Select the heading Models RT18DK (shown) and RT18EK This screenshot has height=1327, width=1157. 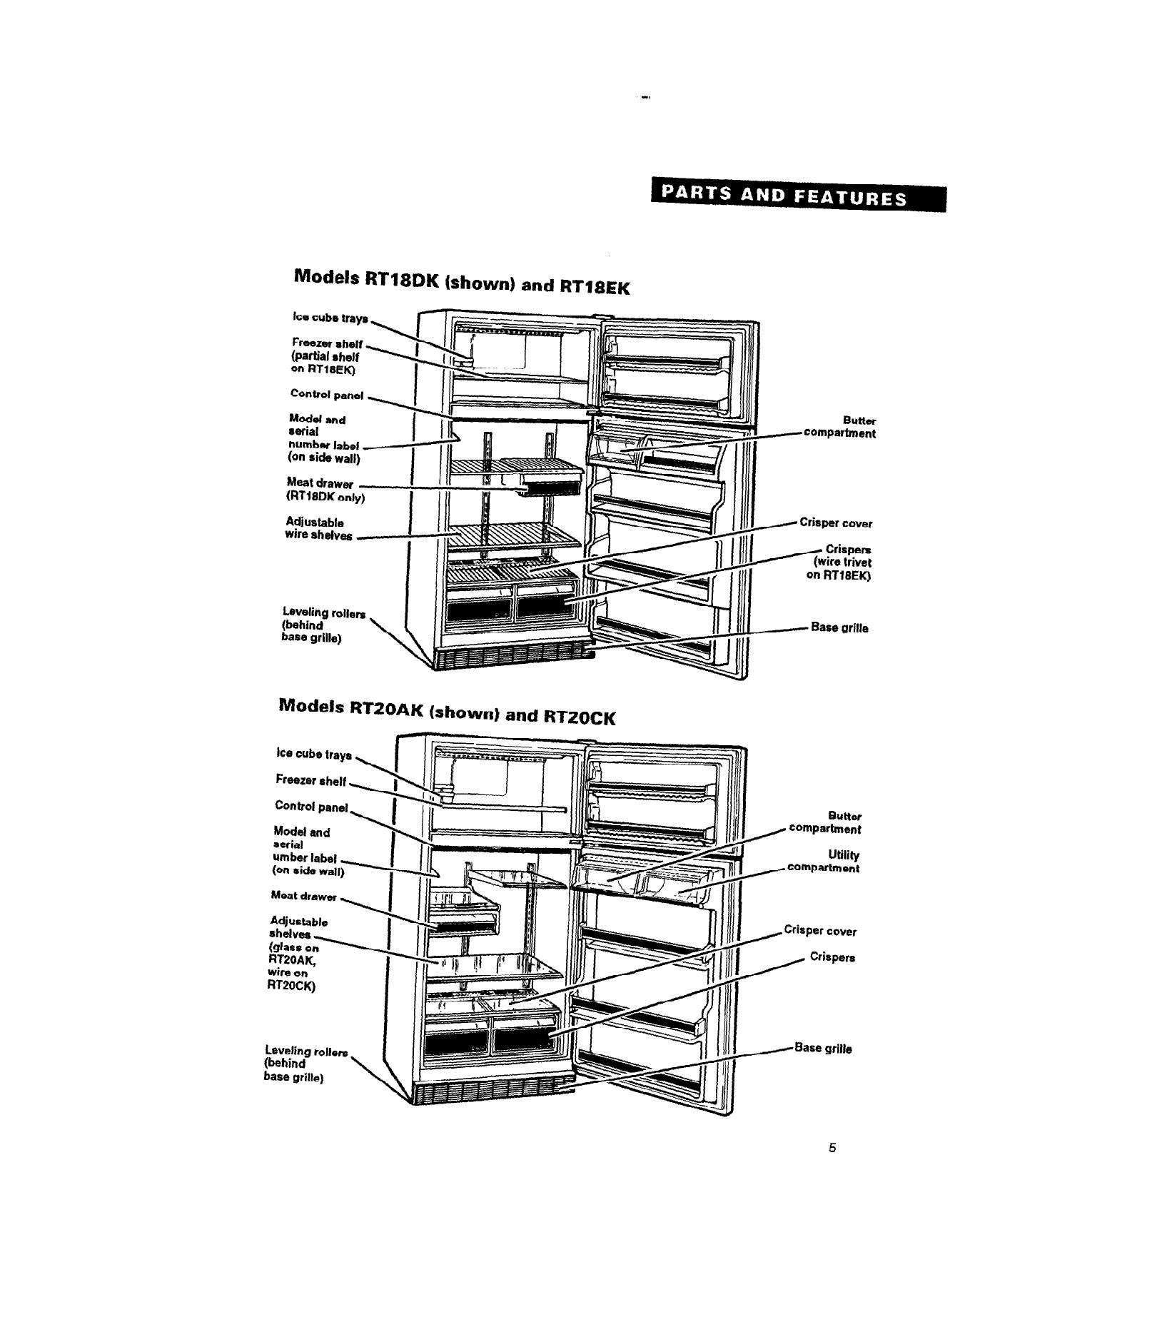(x=463, y=281)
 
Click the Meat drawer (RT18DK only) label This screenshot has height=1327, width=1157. (x=325, y=490)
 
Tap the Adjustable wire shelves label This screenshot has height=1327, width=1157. (x=318, y=529)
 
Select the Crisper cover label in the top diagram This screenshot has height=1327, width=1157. (x=836, y=523)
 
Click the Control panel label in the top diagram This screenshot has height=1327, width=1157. (x=327, y=394)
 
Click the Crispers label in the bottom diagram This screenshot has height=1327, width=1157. (x=832, y=957)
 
